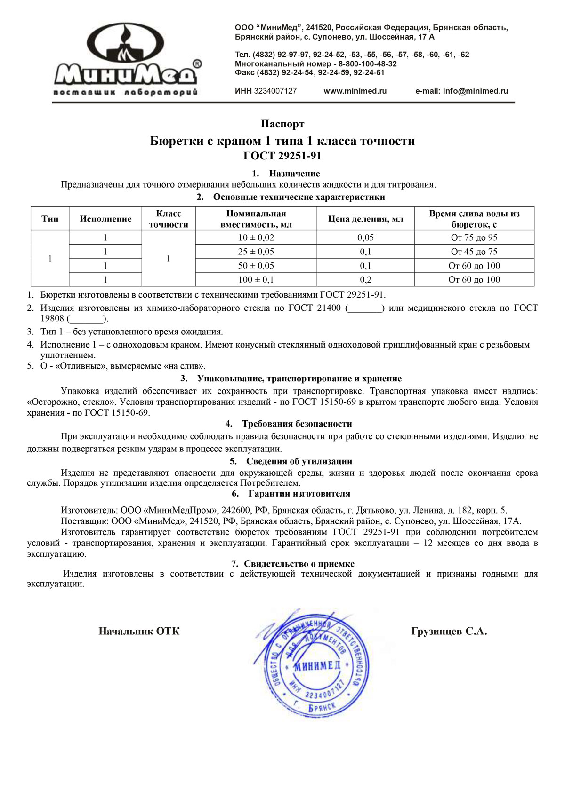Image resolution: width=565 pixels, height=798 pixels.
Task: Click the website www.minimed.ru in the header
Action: pos(355,91)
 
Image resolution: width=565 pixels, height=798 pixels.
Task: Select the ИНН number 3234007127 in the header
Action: pos(275,91)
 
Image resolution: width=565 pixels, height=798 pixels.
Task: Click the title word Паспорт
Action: pos(282,124)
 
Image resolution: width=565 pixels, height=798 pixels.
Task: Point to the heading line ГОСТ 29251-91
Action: pos(282,156)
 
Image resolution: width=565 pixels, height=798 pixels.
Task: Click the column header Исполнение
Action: pos(105,219)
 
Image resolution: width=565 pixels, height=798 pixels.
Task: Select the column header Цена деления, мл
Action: pos(365,219)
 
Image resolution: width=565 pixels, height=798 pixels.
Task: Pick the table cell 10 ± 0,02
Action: pos(256,238)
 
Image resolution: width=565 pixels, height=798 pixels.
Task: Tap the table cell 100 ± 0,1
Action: pos(256,280)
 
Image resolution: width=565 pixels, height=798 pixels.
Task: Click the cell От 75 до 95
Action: pos(474,238)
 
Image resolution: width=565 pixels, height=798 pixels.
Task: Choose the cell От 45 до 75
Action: pos(474,252)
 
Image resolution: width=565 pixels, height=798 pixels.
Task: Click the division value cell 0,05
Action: pos(365,238)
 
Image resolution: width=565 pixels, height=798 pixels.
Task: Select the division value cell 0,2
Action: pos(365,280)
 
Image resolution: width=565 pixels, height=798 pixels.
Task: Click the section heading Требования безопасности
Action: pos(297,424)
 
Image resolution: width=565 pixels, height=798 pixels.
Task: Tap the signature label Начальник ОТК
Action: pos(139,632)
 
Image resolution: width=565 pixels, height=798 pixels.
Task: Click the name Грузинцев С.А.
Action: pos(449,632)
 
